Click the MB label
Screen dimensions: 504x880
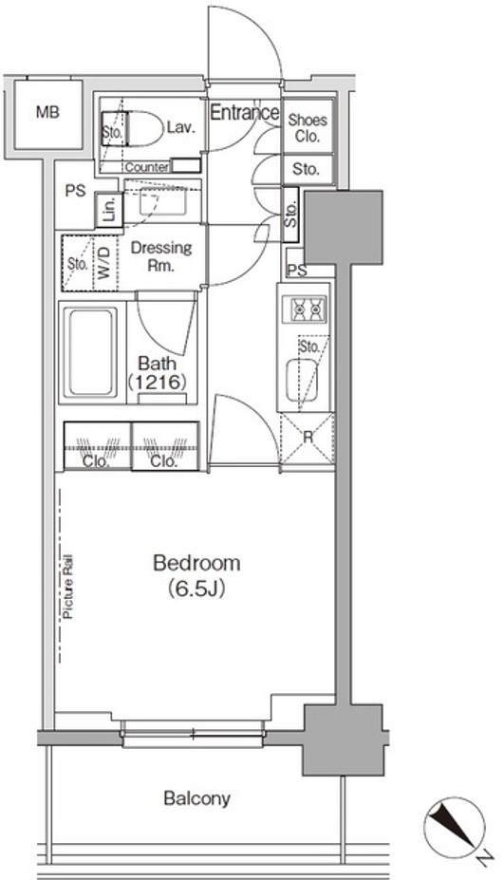point(47,112)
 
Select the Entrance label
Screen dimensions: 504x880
point(245,112)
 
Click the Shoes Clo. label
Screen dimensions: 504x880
point(308,127)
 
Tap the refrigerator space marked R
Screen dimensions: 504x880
point(308,439)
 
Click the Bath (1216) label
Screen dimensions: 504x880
point(158,373)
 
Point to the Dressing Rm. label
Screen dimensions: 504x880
point(161,255)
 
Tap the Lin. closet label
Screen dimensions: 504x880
point(110,210)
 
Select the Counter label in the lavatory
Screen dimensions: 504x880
point(147,167)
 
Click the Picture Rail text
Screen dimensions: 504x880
point(68,587)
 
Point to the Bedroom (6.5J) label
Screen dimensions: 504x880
point(196,575)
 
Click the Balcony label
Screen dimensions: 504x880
point(196,797)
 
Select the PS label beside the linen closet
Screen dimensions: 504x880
point(75,191)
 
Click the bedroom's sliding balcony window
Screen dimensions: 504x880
point(192,734)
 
